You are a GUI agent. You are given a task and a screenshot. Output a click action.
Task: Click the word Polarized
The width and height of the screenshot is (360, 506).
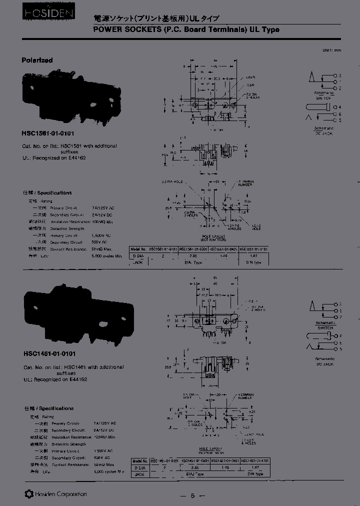point(37,60)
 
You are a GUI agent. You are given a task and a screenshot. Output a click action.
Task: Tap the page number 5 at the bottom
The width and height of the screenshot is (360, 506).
point(192,495)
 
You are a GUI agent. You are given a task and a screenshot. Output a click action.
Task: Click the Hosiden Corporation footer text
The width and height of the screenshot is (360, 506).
point(56,494)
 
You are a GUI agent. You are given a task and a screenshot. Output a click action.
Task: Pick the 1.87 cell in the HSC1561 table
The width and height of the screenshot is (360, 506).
point(254,255)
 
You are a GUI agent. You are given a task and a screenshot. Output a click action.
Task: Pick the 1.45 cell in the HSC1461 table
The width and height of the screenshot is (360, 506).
point(224,467)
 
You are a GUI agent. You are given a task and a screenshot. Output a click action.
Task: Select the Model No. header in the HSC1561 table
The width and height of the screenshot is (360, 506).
point(138,248)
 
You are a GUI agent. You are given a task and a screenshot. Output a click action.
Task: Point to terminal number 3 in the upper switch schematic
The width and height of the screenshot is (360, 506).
point(339,75)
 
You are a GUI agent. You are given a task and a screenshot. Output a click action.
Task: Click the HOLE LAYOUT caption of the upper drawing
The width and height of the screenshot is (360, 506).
point(214,236)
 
